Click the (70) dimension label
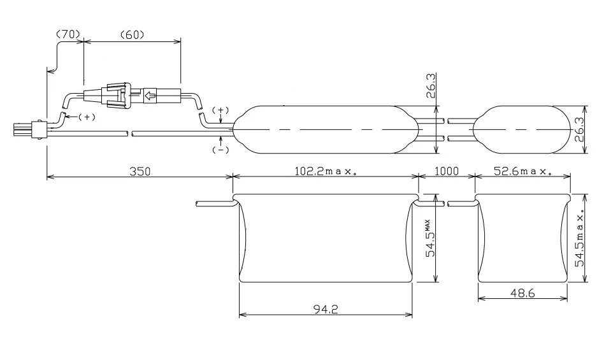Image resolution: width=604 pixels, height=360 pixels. point(68,34)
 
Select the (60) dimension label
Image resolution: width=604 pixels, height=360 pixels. point(133,34)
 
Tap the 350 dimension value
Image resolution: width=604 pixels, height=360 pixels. point(140,171)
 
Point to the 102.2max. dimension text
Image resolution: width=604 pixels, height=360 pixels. point(326,171)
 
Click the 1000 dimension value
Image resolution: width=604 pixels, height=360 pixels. point(447,171)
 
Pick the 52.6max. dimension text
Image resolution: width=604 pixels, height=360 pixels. point(522,171)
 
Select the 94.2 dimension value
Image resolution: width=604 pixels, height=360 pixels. point(326,310)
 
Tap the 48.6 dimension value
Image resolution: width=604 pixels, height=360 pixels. point(522,293)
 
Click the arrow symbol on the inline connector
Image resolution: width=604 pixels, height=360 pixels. point(150,95)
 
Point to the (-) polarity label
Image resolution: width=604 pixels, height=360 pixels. point(220,150)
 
